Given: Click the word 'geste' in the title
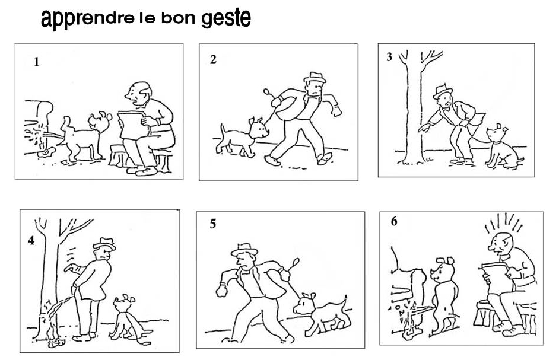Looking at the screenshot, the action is point(226,18).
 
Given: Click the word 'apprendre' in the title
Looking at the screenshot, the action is point(87,19).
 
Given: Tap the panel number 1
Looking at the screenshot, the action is point(36,62).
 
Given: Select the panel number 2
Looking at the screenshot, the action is point(213,59).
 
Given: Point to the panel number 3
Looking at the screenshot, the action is point(389,57).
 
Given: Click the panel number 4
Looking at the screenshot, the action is point(31,241).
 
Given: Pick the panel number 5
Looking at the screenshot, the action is point(213,224).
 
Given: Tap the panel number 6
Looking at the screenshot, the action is point(394,221).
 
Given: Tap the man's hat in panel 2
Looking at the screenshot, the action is point(315,78).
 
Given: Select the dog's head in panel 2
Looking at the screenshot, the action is point(259,128).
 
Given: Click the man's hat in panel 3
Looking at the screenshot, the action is point(442,91).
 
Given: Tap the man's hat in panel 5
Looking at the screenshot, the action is point(244,250).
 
